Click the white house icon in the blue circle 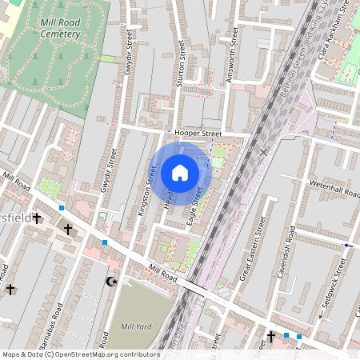(x=180, y=173)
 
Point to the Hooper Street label (x=199, y=134)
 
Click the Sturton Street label (x=181, y=64)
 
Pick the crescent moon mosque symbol (x=111, y=282)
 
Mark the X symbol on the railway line (x=263, y=150)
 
